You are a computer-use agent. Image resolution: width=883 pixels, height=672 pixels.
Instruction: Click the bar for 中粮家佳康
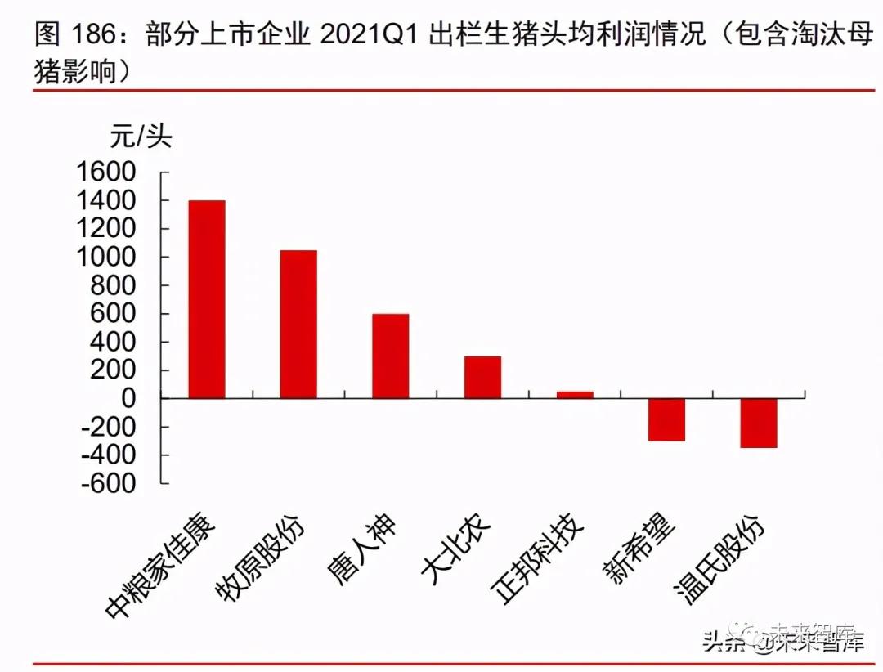207,299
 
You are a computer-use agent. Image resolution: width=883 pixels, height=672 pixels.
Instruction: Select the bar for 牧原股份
298,325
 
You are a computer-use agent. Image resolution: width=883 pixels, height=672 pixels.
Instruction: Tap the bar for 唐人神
391,356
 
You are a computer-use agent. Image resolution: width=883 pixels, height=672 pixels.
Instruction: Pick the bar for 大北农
482,378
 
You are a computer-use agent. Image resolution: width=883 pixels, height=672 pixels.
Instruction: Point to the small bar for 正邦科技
575,395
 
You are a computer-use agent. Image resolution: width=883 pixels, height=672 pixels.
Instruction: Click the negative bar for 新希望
666,420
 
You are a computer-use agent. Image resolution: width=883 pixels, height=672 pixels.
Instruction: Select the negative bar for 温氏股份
759,423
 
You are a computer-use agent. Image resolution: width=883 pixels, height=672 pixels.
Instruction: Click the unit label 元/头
141,135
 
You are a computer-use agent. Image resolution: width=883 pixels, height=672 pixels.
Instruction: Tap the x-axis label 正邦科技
540,561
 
